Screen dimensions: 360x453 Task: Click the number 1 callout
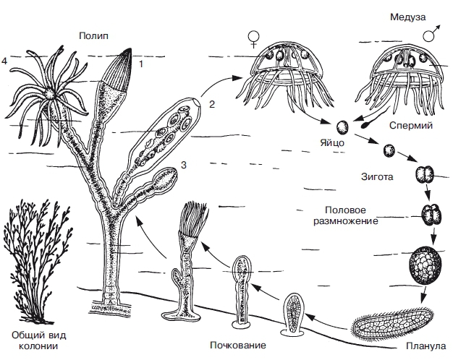tap(141, 64)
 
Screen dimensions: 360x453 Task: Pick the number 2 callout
tap(212, 104)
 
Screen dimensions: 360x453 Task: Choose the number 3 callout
tap(184, 166)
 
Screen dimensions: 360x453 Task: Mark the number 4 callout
tap(5, 62)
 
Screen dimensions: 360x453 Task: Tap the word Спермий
tap(410, 125)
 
